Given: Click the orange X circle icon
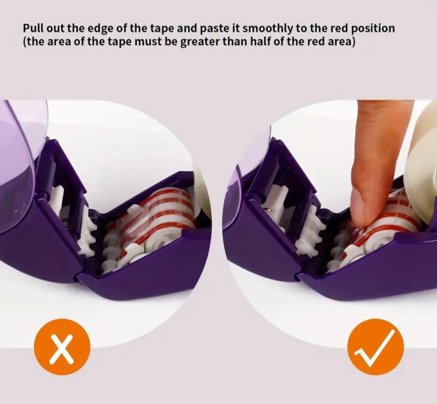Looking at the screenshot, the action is click(x=62, y=347).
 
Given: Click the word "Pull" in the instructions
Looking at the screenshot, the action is click(x=33, y=28).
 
